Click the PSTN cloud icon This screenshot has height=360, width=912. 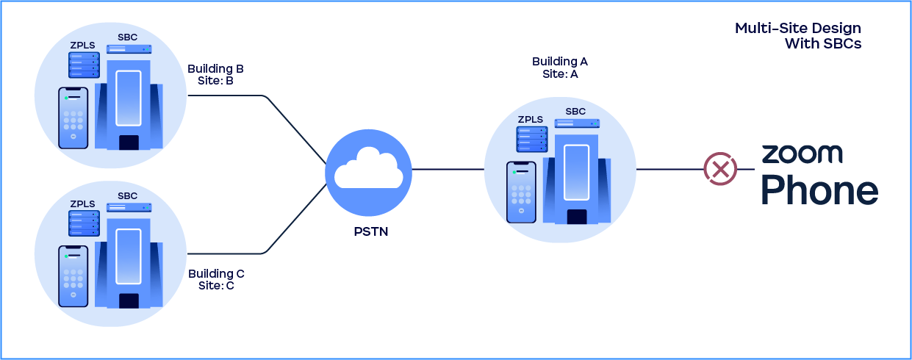point(368,170)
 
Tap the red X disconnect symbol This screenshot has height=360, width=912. point(720,169)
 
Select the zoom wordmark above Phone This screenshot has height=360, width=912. point(802,154)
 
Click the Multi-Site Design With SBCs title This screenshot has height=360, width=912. point(798,36)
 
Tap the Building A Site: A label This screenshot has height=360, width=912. point(560,68)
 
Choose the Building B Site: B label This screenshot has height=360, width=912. point(215,75)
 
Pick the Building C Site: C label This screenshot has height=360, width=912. point(216,279)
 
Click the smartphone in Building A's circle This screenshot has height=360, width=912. point(521,192)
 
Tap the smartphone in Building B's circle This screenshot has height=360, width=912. point(73,118)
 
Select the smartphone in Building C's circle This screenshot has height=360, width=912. point(73,276)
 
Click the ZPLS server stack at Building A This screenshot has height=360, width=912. point(533,140)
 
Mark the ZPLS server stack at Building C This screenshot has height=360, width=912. point(84,223)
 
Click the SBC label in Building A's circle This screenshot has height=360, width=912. point(575,112)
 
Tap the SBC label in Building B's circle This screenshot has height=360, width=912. point(128,37)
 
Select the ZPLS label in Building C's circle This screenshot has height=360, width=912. point(82,204)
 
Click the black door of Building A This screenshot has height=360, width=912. point(577,217)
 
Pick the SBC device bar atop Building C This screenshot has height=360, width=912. point(129,208)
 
